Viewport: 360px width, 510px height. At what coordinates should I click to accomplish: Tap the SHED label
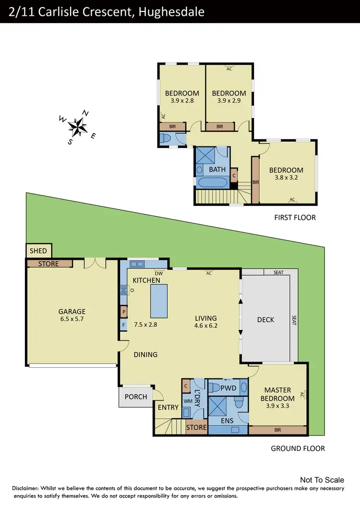click(x=38, y=251)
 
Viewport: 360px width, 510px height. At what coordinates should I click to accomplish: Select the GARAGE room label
click(x=72, y=311)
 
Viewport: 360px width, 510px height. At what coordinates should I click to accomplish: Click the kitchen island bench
click(x=159, y=301)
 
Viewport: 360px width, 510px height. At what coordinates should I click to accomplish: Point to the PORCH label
click(x=136, y=397)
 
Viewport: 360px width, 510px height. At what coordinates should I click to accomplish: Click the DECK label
click(x=265, y=320)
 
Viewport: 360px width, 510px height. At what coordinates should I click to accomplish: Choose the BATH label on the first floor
click(x=217, y=170)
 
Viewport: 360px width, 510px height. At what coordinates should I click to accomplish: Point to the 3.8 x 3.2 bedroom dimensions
click(x=286, y=178)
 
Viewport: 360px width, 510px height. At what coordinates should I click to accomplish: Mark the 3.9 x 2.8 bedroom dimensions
click(x=182, y=101)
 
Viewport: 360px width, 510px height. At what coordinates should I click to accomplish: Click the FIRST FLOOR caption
click(x=295, y=218)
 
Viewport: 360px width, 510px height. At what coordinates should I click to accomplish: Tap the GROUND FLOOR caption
click(x=298, y=449)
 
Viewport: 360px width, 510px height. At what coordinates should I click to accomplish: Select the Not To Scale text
click(x=322, y=480)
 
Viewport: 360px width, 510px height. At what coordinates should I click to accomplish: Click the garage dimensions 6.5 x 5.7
click(x=72, y=319)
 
